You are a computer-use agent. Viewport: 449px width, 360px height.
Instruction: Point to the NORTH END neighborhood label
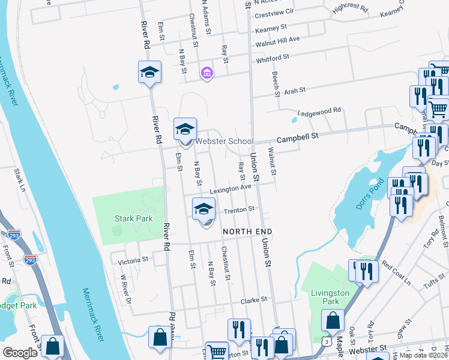[248, 232]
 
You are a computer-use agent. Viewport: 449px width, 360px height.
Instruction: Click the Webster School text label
[224, 142]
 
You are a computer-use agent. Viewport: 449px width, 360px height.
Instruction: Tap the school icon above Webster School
[185, 129]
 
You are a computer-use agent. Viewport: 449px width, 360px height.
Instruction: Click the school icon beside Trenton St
[204, 209]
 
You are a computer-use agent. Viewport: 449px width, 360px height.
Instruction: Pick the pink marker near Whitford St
[207, 73]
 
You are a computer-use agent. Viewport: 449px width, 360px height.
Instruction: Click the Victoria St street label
[133, 260]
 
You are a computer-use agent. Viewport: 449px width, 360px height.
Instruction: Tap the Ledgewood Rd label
[319, 111]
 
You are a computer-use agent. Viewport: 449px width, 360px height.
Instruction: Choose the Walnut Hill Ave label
[277, 40]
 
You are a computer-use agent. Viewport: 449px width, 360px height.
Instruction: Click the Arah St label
[295, 90]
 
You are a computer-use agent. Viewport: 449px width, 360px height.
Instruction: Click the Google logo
[20, 353]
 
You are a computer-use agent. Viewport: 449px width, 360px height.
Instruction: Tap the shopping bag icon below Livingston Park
[333, 321]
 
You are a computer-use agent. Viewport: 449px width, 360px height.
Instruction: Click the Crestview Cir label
[274, 11]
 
